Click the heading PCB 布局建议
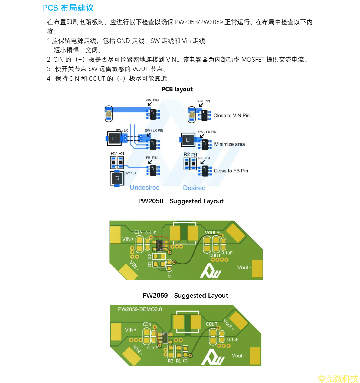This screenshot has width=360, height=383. [68, 8]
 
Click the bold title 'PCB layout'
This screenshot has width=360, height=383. [177, 89]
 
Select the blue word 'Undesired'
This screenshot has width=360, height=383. [145, 188]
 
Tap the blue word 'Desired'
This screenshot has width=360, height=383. [194, 188]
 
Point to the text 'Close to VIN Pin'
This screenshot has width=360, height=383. [231, 116]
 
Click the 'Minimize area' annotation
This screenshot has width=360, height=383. [230, 144]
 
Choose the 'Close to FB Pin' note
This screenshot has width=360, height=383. [231, 171]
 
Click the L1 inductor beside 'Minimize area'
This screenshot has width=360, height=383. [188, 140]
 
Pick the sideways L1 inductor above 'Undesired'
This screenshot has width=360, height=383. [117, 178]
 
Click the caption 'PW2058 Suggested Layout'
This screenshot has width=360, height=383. [181, 201]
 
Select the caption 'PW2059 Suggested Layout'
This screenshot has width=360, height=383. [185, 296]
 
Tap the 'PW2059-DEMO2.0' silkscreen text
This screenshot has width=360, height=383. [140, 309]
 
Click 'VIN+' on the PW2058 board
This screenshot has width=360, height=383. [128, 239]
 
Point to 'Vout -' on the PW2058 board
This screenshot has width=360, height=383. [244, 267]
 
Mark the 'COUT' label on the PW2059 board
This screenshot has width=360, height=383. [212, 324]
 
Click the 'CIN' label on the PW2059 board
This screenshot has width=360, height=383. [147, 324]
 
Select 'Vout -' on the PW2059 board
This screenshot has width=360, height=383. [239, 356]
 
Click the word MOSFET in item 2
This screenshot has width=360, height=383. [253, 60]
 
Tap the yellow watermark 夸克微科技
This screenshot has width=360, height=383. [338, 379]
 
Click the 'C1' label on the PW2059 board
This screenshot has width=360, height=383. [185, 361]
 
